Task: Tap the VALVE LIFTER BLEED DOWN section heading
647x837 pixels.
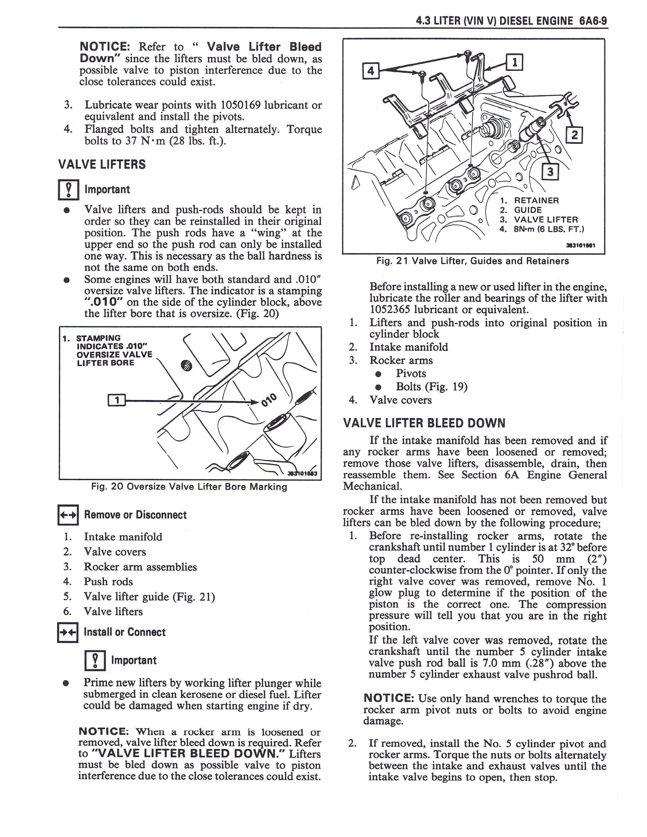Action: click(424, 423)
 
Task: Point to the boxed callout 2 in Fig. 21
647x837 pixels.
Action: click(574, 135)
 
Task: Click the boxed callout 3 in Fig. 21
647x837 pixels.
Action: click(550, 172)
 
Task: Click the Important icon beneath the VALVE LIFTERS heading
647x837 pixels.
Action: click(68, 190)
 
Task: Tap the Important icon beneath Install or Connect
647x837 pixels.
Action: click(95, 660)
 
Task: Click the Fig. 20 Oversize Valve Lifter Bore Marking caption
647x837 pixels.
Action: click(189, 487)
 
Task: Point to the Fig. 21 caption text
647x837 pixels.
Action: click(472, 261)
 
